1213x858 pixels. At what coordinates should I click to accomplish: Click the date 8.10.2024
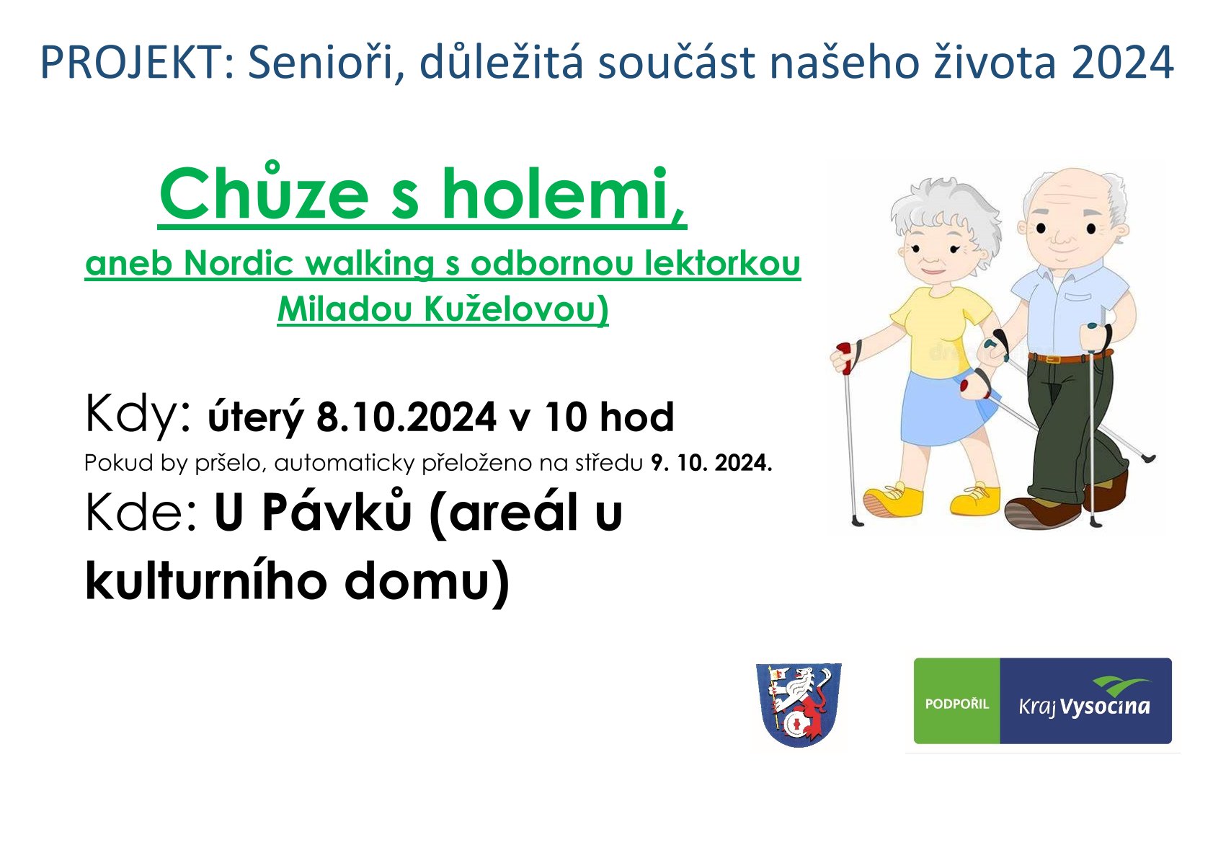click(x=406, y=417)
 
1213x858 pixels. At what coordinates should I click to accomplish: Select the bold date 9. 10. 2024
click(x=711, y=463)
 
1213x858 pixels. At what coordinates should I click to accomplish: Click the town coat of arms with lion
click(x=799, y=704)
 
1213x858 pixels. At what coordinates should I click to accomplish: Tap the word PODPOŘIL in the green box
click(x=957, y=704)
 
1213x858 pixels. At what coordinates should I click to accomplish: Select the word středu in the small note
click(x=608, y=464)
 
